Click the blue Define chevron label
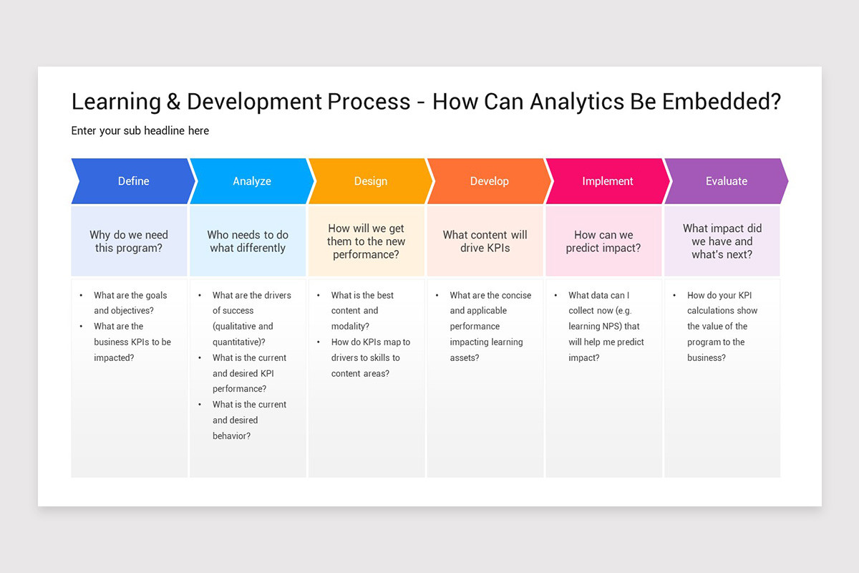133,181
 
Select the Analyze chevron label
252,181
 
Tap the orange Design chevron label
371,181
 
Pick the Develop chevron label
490,181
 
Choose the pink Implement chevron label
608,181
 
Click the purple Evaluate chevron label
727,181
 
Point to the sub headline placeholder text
140,130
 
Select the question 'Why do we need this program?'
129,241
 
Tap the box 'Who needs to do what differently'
248,241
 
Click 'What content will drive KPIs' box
485,241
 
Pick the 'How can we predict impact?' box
603,241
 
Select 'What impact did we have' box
722,241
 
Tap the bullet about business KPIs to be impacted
132,342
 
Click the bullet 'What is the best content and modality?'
364,310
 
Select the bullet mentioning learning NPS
606,326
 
